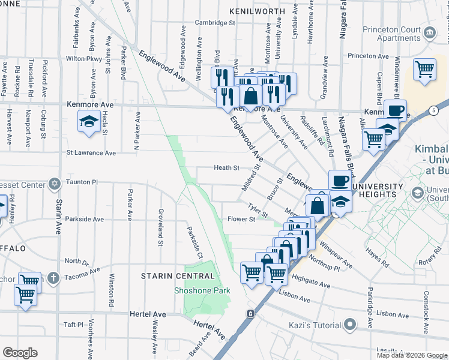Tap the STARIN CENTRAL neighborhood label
click(x=178, y=276)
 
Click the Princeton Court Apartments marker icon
click(x=430, y=32)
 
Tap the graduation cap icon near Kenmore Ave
click(x=89, y=122)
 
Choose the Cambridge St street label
click(x=214, y=23)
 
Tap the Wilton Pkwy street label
click(x=84, y=59)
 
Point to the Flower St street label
click(x=241, y=220)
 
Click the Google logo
click(x=20, y=353)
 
